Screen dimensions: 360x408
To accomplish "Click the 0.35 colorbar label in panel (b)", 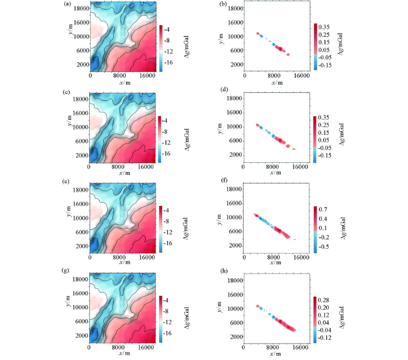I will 325,27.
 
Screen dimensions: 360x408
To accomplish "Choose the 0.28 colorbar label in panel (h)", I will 325,299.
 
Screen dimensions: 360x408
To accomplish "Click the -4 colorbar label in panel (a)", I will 168,29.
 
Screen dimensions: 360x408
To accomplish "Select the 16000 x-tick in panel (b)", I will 301,76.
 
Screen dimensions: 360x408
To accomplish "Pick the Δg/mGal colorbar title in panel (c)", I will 184,138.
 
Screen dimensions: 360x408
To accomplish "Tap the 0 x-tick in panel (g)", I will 89,347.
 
